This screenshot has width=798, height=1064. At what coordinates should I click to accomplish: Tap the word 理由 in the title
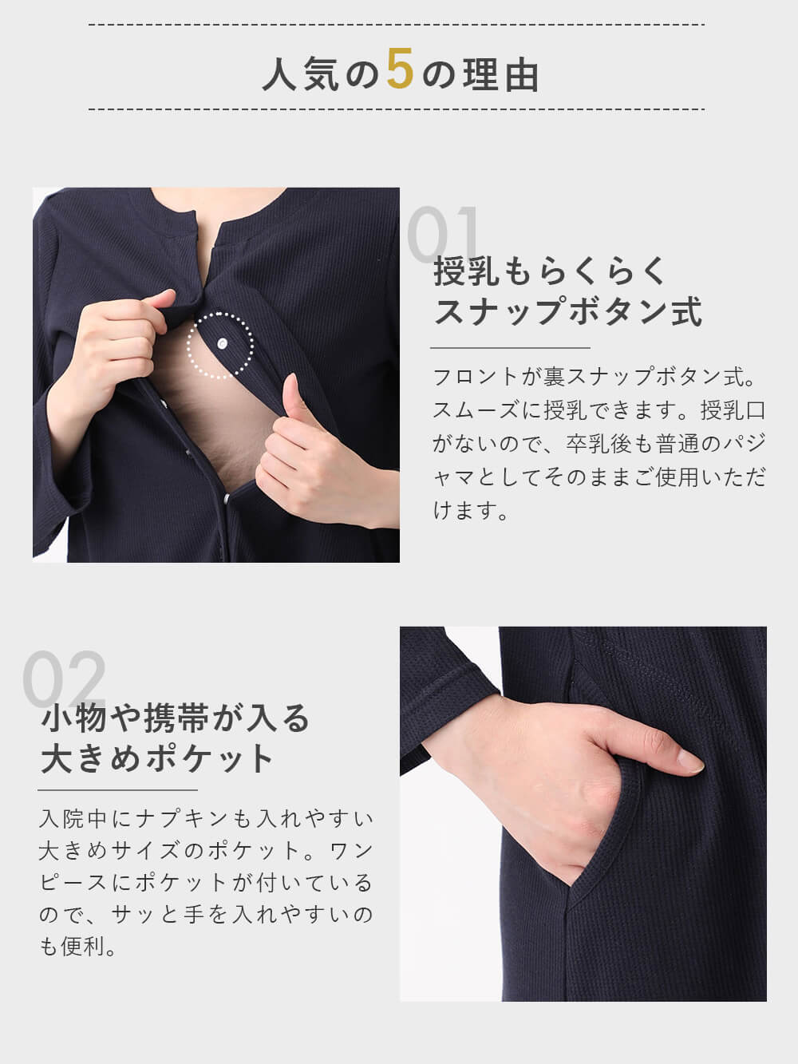tap(502, 75)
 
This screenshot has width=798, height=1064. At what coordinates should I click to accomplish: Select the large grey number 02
tap(64, 679)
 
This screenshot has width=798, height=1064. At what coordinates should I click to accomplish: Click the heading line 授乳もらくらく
tap(550, 271)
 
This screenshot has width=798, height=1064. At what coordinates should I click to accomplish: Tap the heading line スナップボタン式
tap(567, 311)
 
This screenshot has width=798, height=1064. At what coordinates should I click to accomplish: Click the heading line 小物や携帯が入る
tap(175, 718)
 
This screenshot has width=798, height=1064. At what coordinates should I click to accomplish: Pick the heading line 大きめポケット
tap(158, 758)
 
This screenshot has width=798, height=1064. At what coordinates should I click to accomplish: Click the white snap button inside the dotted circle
tap(221, 343)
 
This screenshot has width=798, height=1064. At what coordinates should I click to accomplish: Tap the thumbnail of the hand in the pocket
tap(583, 813)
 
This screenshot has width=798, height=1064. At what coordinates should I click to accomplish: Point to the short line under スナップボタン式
tap(510, 348)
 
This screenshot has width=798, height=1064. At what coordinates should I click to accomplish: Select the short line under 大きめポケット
tap(117, 790)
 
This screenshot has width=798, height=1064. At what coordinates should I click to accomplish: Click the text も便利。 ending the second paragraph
tap(77, 947)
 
